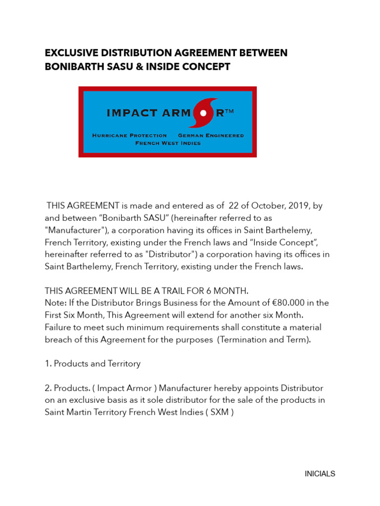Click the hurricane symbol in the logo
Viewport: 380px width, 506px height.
pyautogui.click(x=203, y=113)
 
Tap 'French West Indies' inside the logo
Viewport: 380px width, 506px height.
pyautogui.click(x=168, y=143)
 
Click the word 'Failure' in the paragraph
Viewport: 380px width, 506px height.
pyautogui.click(x=59, y=327)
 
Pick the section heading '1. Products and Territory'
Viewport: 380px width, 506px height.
pyautogui.click(x=93, y=364)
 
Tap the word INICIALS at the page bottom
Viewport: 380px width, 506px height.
pyautogui.click(x=320, y=474)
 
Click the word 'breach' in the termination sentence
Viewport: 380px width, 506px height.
pyautogui.click(x=58, y=339)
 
